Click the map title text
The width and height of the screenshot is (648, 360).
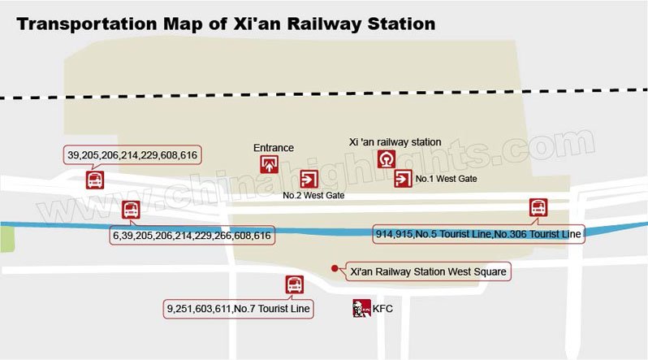coord(226,23)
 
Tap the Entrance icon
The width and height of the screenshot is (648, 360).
coord(269,165)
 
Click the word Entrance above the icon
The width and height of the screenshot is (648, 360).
coord(274,148)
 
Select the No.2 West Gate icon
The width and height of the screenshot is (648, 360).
coord(309,180)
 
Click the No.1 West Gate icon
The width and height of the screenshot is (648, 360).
coord(403,179)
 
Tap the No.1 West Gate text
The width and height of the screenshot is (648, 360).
coord(446,179)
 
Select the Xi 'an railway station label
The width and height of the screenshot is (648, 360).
coord(395,142)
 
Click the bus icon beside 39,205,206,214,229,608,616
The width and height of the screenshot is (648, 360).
coord(95,180)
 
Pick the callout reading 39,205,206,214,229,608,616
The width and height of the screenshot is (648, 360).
coord(133,154)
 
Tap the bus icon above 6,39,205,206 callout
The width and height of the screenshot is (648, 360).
coord(130,210)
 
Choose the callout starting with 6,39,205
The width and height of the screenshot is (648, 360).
coord(192,235)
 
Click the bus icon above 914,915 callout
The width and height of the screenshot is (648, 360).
coord(538,208)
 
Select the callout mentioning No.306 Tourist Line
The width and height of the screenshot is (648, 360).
coord(478,234)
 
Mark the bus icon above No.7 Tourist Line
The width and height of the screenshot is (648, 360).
coord(294,285)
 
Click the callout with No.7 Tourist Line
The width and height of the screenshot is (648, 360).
coord(239,309)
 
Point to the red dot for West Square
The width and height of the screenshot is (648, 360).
coord(334,268)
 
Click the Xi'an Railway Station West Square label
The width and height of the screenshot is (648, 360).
coord(428,271)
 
